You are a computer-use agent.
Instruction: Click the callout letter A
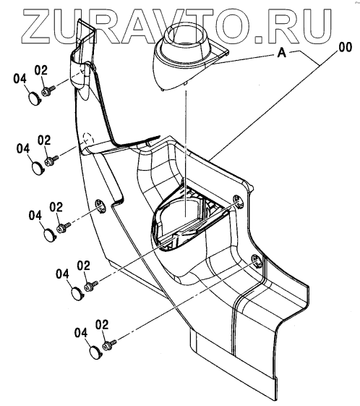click(x=282, y=53)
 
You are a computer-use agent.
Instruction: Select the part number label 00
click(x=345, y=47)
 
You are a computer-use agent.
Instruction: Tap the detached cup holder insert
click(x=190, y=56)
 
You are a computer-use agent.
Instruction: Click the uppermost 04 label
click(x=20, y=78)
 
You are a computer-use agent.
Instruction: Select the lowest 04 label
click(x=81, y=332)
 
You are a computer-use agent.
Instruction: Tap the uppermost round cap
click(x=34, y=98)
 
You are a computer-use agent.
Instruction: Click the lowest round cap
click(x=96, y=352)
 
